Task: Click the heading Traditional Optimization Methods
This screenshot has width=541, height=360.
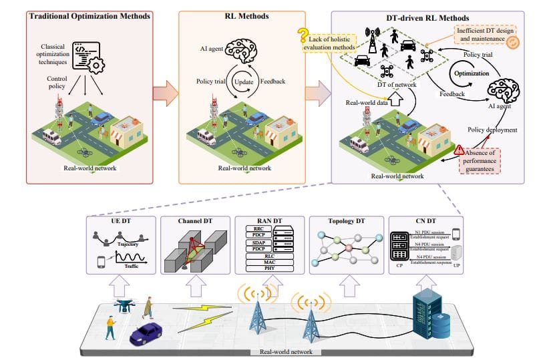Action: tap(89, 15)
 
